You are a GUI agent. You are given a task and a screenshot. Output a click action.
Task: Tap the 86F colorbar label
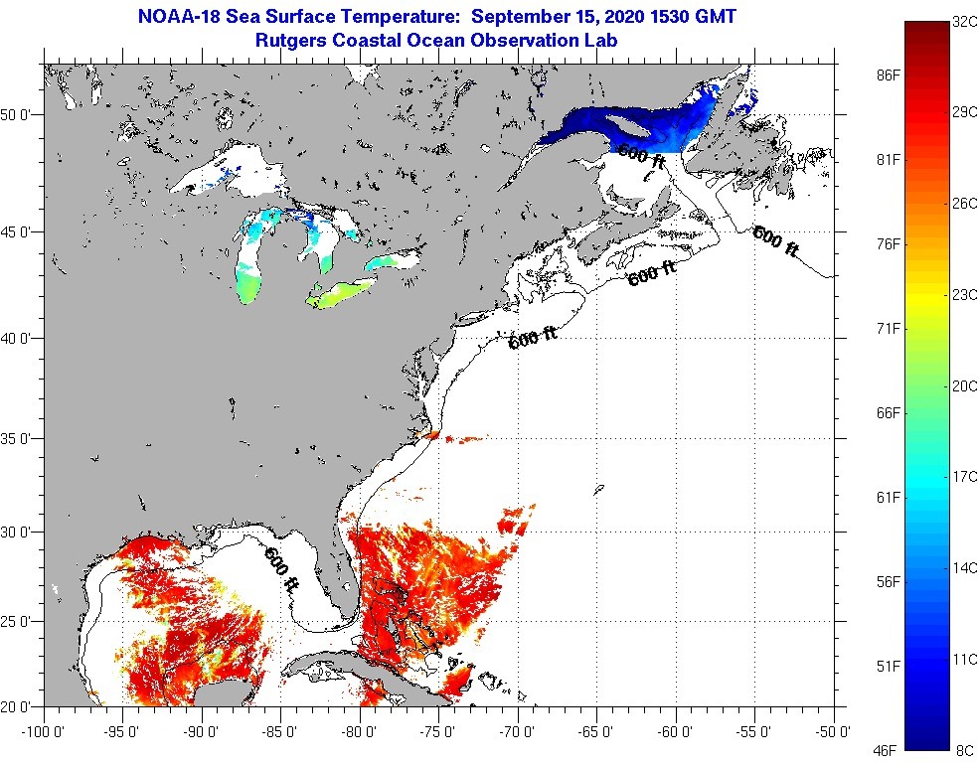[889, 75]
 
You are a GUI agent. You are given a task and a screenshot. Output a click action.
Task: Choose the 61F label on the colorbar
[889, 497]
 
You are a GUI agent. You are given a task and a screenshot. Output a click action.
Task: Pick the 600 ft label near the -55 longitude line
[775, 241]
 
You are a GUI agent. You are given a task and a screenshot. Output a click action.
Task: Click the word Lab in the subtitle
[602, 41]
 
